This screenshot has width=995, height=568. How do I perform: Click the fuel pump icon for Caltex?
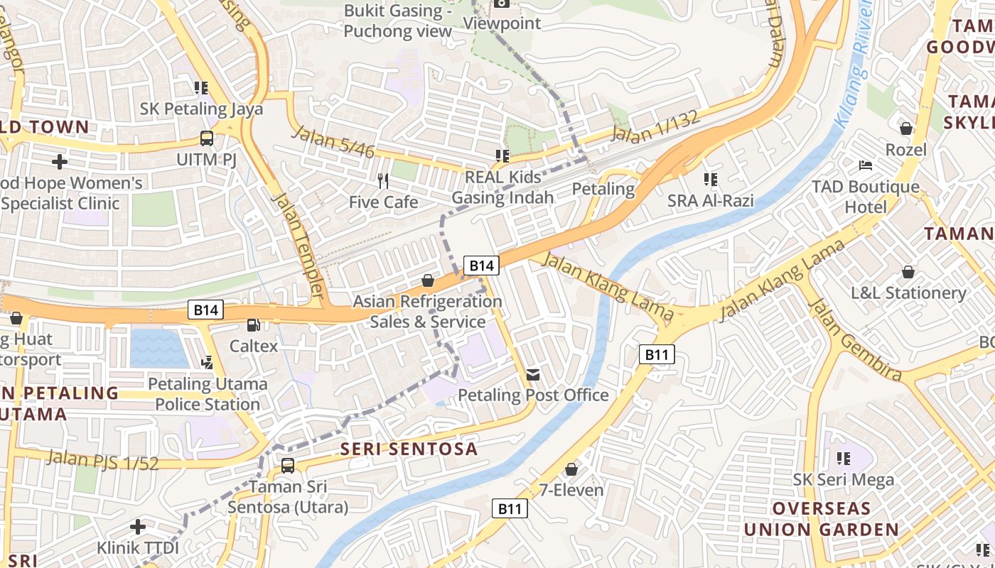(252, 325)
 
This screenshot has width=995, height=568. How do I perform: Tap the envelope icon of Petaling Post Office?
(533, 374)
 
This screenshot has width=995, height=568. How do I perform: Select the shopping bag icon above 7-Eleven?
(571, 469)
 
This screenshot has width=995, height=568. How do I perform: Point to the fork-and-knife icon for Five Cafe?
(383, 181)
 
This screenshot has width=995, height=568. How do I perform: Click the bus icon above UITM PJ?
(206, 138)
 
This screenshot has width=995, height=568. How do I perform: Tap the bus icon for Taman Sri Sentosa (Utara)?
(287, 466)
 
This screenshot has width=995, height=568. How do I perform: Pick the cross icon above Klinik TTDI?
(138, 527)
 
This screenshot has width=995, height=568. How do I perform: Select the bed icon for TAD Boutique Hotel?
(866, 165)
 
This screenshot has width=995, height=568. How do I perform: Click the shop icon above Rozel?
(906, 129)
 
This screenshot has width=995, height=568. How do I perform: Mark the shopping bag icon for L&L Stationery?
(908, 271)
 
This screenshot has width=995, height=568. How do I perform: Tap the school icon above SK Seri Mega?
(844, 459)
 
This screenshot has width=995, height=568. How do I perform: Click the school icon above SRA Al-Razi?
(710, 180)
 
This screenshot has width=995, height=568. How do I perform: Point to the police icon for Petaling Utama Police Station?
(208, 363)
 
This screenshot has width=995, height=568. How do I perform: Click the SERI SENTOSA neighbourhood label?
(409, 449)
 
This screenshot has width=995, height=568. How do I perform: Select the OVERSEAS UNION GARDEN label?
(821, 519)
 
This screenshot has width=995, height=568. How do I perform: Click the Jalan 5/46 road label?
(333, 141)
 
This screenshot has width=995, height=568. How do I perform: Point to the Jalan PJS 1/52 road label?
(103, 459)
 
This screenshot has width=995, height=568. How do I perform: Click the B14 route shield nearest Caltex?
(206, 310)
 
